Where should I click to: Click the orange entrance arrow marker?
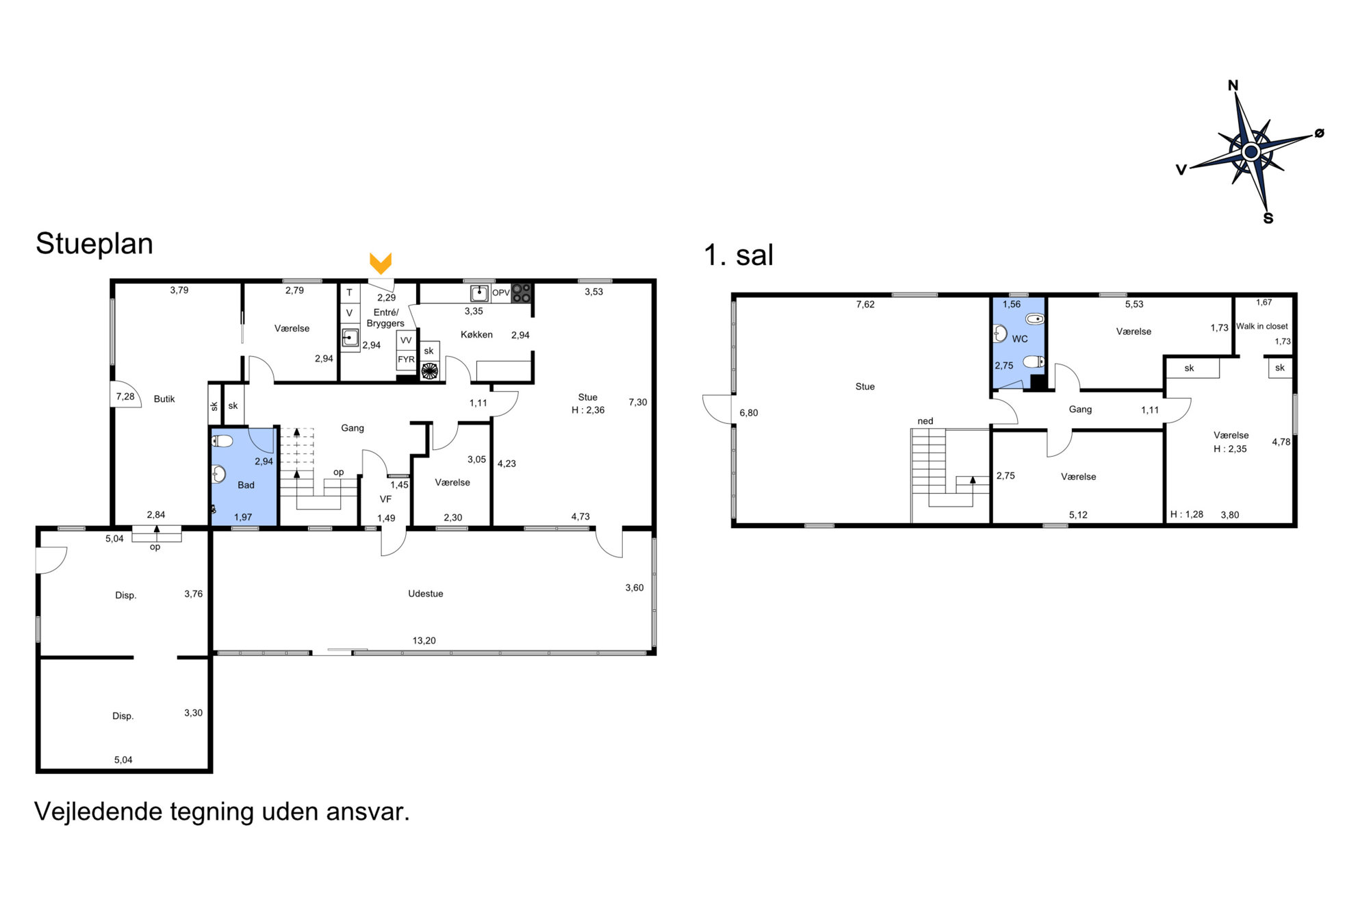(381, 263)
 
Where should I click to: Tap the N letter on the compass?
(1233, 86)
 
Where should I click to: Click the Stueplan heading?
(94, 244)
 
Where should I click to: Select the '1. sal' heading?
(739, 255)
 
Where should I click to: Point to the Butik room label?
(164, 399)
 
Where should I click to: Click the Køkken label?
(476, 334)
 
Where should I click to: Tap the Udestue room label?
(426, 594)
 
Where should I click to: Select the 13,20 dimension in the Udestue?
(424, 640)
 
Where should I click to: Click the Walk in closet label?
(1261, 326)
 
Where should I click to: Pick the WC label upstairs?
(1020, 338)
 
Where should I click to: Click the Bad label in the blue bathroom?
(246, 485)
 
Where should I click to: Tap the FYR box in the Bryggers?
(406, 360)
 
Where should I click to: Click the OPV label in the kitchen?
(501, 292)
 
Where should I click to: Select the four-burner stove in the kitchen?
(522, 292)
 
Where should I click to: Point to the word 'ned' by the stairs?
(925, 421)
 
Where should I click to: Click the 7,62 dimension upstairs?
(865, 304)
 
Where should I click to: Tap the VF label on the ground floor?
(385, 499)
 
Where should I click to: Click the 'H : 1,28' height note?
(1187, 514)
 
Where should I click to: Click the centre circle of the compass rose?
(1251, 151)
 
